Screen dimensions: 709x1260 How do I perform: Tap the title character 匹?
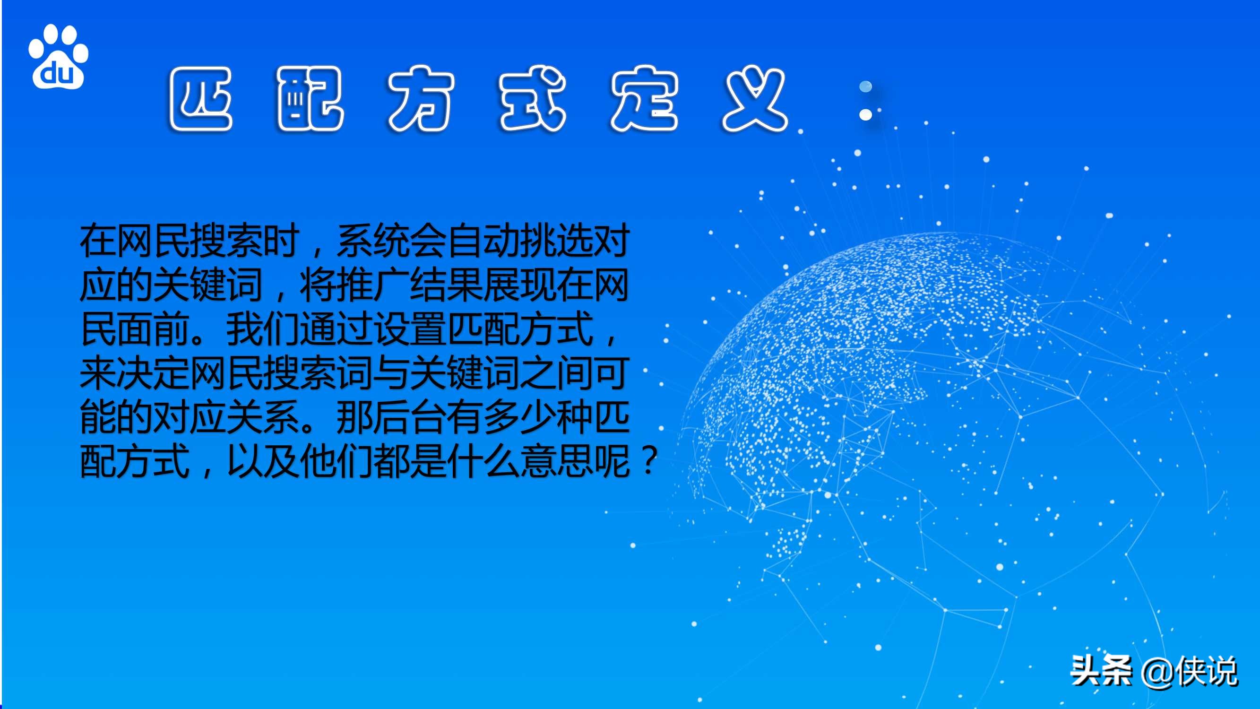point(200,99)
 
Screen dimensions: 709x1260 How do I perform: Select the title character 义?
point(755,99)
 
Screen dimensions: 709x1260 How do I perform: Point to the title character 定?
point(644,99)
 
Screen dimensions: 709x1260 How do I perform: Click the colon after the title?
point(865,101)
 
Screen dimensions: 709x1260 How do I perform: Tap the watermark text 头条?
point(1101,671)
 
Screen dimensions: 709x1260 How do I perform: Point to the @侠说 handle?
point(1189,672)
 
